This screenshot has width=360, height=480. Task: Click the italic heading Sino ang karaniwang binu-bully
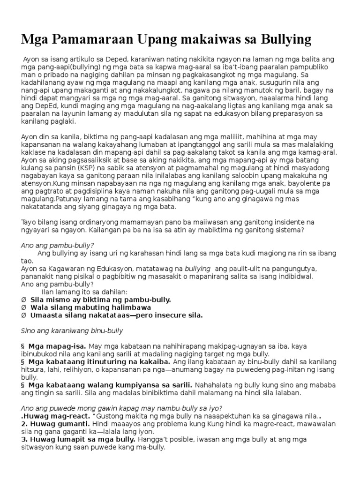click(x=72, y=330)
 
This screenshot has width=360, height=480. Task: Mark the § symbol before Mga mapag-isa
click(x=23, y=346)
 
